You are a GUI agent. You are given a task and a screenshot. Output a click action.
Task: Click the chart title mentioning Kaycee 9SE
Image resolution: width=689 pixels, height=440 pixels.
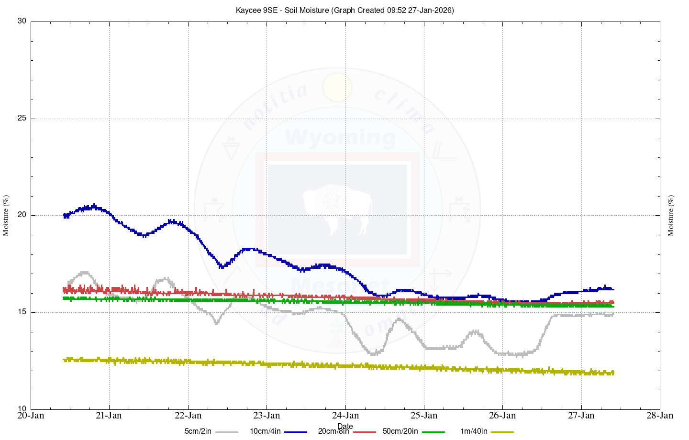[x=344, y=10]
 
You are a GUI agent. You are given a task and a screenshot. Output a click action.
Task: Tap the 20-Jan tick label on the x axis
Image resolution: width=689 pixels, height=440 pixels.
[x=31, y=415]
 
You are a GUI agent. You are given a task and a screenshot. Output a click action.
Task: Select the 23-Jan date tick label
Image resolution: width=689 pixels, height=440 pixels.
[x=267, y=415]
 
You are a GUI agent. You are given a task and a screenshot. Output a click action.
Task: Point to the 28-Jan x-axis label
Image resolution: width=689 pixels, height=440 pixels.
[x=660, y=415]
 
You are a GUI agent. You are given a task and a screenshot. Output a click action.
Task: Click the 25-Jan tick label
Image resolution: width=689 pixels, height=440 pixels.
[x=424, y=415]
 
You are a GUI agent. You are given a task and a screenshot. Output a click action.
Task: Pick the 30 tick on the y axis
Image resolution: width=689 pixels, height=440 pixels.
[x=22, y=22]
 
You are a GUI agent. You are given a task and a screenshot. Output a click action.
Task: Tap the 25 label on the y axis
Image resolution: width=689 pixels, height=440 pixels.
[x=22, y=119]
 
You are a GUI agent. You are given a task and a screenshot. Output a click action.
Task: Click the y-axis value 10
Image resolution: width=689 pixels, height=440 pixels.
[x=22, y=409]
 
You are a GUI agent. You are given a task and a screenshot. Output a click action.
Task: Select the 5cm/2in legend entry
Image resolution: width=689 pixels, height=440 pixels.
[x=198, y=431]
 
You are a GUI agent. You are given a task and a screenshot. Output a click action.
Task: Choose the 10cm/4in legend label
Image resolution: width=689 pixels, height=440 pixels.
[x=265, y=431]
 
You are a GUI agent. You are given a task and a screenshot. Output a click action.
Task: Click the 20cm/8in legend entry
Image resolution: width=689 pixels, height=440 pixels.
[x=333, y=431]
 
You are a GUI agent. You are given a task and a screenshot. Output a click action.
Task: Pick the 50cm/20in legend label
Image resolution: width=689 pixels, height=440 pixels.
[x=400, y=431]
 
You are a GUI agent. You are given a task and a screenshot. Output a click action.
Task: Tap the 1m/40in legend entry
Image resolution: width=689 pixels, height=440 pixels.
[x=474, y=431]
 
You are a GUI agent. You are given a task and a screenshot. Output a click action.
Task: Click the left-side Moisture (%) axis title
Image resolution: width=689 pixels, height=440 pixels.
[x=6, y=215]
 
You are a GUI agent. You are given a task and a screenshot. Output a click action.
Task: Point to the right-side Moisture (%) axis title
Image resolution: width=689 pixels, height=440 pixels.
[x=671, y=215]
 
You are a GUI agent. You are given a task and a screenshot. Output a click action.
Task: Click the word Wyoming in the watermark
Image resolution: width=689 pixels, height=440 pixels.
[x=340, y=138]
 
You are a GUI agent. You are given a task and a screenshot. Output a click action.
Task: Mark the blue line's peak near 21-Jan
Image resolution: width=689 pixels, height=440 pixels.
[x=93, y=207]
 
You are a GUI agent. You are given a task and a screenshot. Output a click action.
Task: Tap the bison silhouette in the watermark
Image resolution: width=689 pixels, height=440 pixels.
[x=337, y=208]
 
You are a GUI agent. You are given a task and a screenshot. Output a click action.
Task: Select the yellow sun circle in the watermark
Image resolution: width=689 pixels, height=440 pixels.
[x=337, y=87]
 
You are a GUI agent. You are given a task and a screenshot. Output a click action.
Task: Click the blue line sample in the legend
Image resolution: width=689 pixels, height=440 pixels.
[x=296, y=432]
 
